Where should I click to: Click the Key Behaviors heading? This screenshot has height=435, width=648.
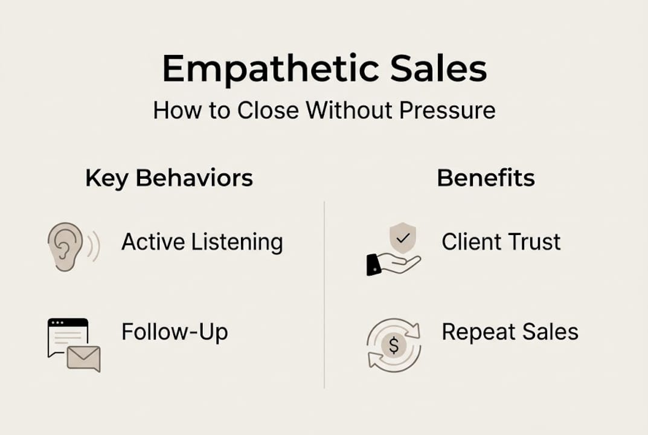(169, 178)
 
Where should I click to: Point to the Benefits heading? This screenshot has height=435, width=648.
(486, 178)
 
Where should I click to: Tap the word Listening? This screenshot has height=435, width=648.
(237, 243)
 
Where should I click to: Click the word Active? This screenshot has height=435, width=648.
(153, 242)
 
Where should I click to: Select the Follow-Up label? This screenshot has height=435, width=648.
(175, 332)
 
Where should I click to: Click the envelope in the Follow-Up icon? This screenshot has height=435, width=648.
(84, 358)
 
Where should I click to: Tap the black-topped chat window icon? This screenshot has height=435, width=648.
(66, 335)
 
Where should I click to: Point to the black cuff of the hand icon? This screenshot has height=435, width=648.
(373, 264)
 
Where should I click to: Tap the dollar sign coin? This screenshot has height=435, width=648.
(394, 346)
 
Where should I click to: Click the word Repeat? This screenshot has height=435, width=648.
(477, 333)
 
